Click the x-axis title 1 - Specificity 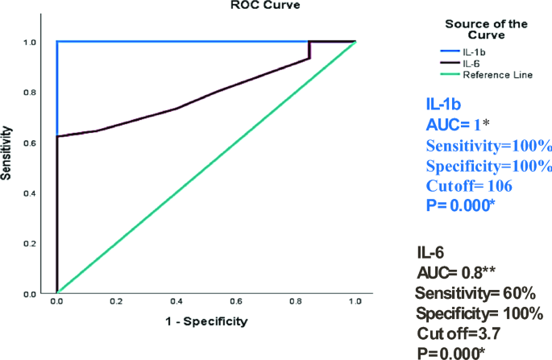point(205,321)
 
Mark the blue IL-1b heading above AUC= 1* point(443,103)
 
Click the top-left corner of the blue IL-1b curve point(57,42)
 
